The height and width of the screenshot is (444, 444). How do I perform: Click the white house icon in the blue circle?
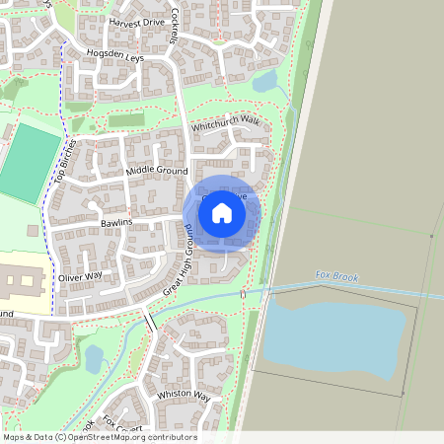click(222, 212)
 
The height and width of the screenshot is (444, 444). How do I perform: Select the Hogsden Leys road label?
click(114, 57)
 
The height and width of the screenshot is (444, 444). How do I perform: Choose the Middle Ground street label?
click(156, 172)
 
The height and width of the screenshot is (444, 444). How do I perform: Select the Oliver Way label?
click(80, 277)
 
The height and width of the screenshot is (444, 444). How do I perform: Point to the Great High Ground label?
click(178, 261)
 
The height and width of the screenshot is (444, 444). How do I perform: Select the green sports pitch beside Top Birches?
click(29, 160)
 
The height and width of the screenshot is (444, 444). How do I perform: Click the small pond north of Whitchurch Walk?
click(264, 82)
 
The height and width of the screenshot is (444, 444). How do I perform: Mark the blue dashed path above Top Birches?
click(61, 79)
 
